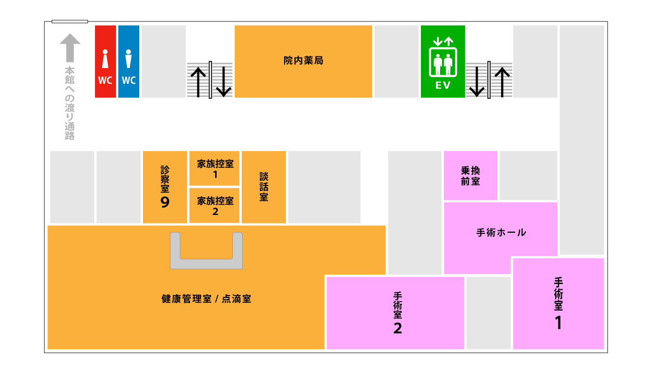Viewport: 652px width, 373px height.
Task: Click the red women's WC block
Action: [105, 62]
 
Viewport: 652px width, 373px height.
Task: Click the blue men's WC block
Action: [129, 62]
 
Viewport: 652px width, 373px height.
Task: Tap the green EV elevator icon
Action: [443, 61]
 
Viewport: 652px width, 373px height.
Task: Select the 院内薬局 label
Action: [303, 61]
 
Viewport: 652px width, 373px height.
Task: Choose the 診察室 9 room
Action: [165, 187]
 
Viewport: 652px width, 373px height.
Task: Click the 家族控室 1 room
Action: [215, 169]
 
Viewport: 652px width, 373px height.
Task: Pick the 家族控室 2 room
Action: [215, 206]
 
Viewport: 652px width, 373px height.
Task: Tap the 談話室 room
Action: [264, 187]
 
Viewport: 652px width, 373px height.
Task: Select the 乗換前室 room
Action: [470, 176]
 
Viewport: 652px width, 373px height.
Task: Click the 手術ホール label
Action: [501, 232]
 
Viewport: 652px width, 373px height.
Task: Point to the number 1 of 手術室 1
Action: [558, 323]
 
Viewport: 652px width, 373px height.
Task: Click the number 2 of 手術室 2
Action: [397, 328]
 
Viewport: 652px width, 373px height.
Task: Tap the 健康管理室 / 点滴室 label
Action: [206, 299]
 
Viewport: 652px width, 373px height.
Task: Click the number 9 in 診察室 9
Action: [165, 202]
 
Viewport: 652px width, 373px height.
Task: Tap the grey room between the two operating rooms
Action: [489, 313]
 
